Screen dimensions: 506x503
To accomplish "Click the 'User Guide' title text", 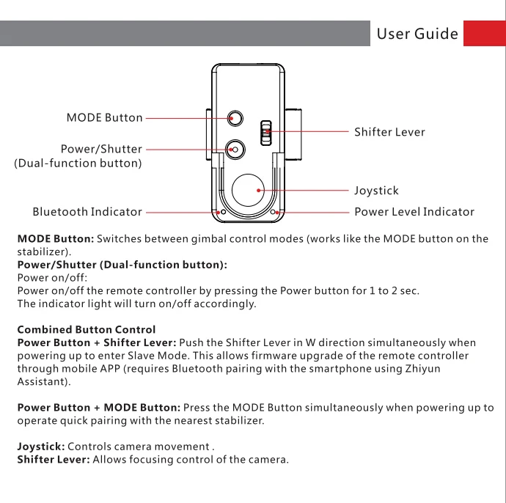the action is click(417, 34).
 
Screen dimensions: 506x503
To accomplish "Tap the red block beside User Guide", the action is click(485, 33).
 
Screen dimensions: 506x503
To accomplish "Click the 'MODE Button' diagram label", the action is click(104, 118).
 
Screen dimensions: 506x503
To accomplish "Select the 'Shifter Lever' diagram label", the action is click(389, 132).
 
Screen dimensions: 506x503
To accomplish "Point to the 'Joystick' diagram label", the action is click(376, 191).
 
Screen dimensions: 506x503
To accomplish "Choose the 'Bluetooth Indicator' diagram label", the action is click(87, 212).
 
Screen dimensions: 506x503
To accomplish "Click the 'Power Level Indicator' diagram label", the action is click(414, 212).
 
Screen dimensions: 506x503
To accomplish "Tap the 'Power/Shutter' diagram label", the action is click(101, 149).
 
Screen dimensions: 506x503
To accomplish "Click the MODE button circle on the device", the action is click(235, 118).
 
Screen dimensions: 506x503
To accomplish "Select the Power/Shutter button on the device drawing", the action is click(235, 150).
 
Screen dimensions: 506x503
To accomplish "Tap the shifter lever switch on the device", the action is click(266, 133).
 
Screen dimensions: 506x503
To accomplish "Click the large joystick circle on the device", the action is click(248, 191).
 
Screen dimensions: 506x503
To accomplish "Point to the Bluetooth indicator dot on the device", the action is click(223, 213).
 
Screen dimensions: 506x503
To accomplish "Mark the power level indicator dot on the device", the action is click(273, 213).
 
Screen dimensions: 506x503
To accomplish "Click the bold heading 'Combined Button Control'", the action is click(86, 330).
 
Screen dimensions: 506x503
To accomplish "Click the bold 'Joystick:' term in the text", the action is click(41, 447).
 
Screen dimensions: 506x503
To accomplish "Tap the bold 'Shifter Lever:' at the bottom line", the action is click(54, 460).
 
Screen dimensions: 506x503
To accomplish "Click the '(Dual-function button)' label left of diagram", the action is click(78, 164).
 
